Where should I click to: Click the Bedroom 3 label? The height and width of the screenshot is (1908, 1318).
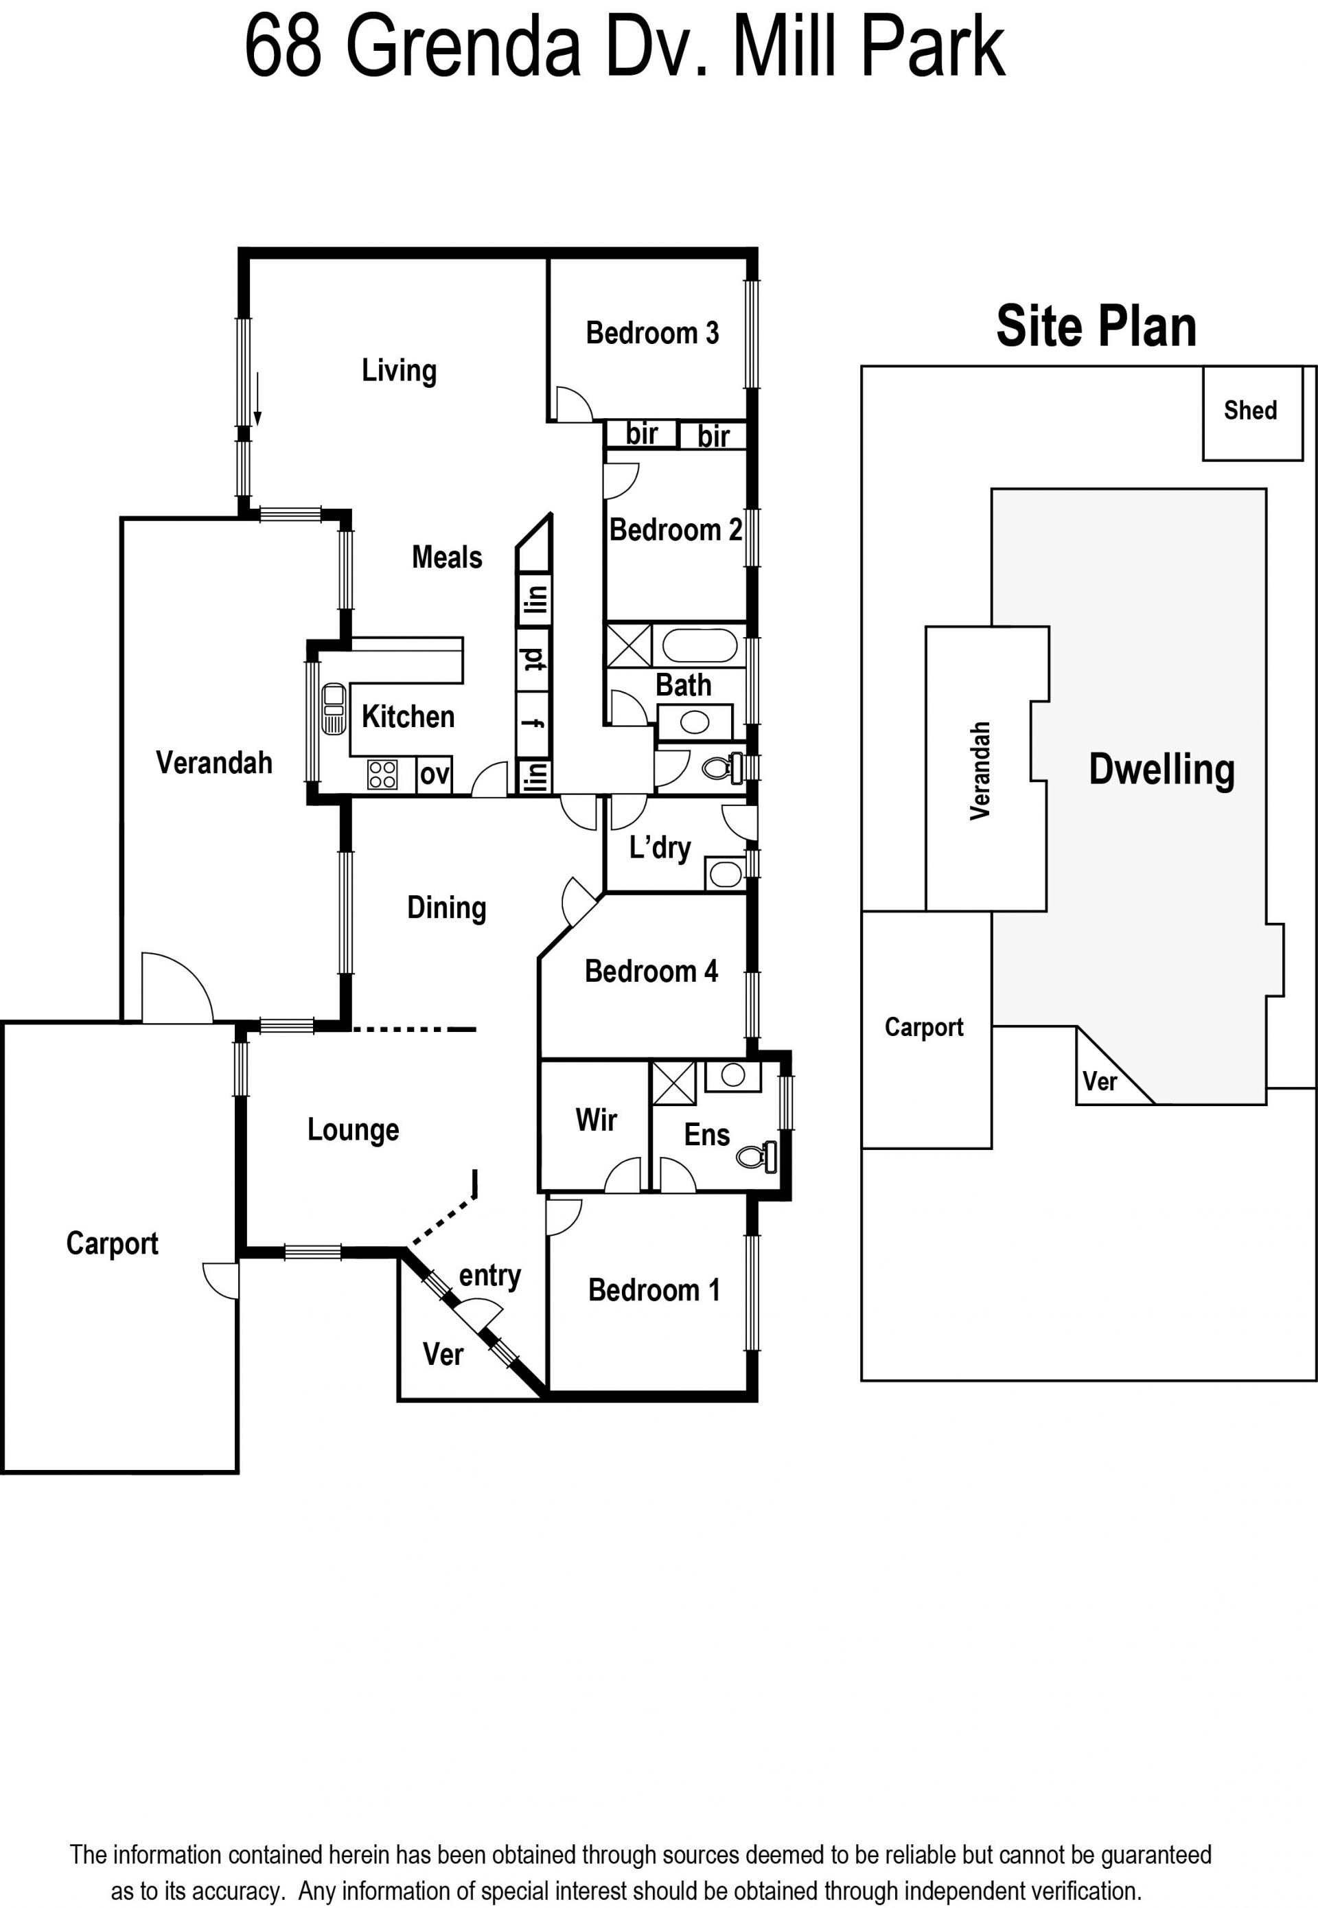pyautogui.click(x=652, y=333)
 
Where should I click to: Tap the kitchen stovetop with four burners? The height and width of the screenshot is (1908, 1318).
pyautogui.click(x=382, y=774)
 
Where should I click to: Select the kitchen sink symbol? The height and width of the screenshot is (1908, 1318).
pyautogui.click(x=334, y=709)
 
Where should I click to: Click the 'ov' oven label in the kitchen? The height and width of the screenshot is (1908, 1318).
pyautogui.click(x=435, y=774)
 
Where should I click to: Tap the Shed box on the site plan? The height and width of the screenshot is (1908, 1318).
pyautogui.click(x=1252, y=414)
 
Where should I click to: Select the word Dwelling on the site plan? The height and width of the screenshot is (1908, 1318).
pyautogui.click(x=1162, y=770)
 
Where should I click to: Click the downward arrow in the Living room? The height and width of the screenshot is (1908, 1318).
pyautogui.click(x=257, y=399)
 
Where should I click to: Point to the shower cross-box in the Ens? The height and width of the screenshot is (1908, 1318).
pyautogui.click(x=674, y=1083)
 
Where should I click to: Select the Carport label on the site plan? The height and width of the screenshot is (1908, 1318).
pyautogui.click(x=924, y=1028)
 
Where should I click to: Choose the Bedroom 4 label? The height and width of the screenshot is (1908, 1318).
pyautogui.click(x=651, y=972)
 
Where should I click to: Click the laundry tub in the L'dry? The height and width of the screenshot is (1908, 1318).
pyautogui.click(x=725, y=874)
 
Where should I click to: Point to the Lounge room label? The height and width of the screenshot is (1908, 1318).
pyautogui.click(x=354, y=1130)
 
